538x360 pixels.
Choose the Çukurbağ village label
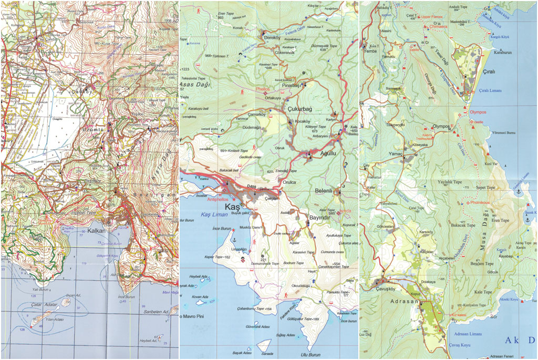pos(300,109)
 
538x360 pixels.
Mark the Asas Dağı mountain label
pos(197,84)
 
